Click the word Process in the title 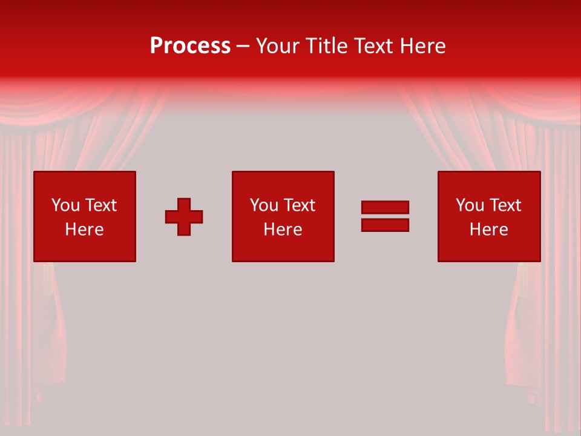(x=190, y=46)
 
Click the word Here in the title (x=423, y=46)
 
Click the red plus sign (x=184, y=217)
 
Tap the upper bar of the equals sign (x=385, y=208)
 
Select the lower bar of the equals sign (x=385, y=225)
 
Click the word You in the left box (x=65, y=205)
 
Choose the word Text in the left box (x=101, y=205)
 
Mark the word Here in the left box (x=84, y=230)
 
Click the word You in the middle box (x=264, y=205)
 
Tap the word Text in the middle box (x=300, y=205)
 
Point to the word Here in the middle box (x=283, y=230)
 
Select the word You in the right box (x=470, y=205)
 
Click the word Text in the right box (x=505, y=205)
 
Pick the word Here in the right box (x=488, y=230)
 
